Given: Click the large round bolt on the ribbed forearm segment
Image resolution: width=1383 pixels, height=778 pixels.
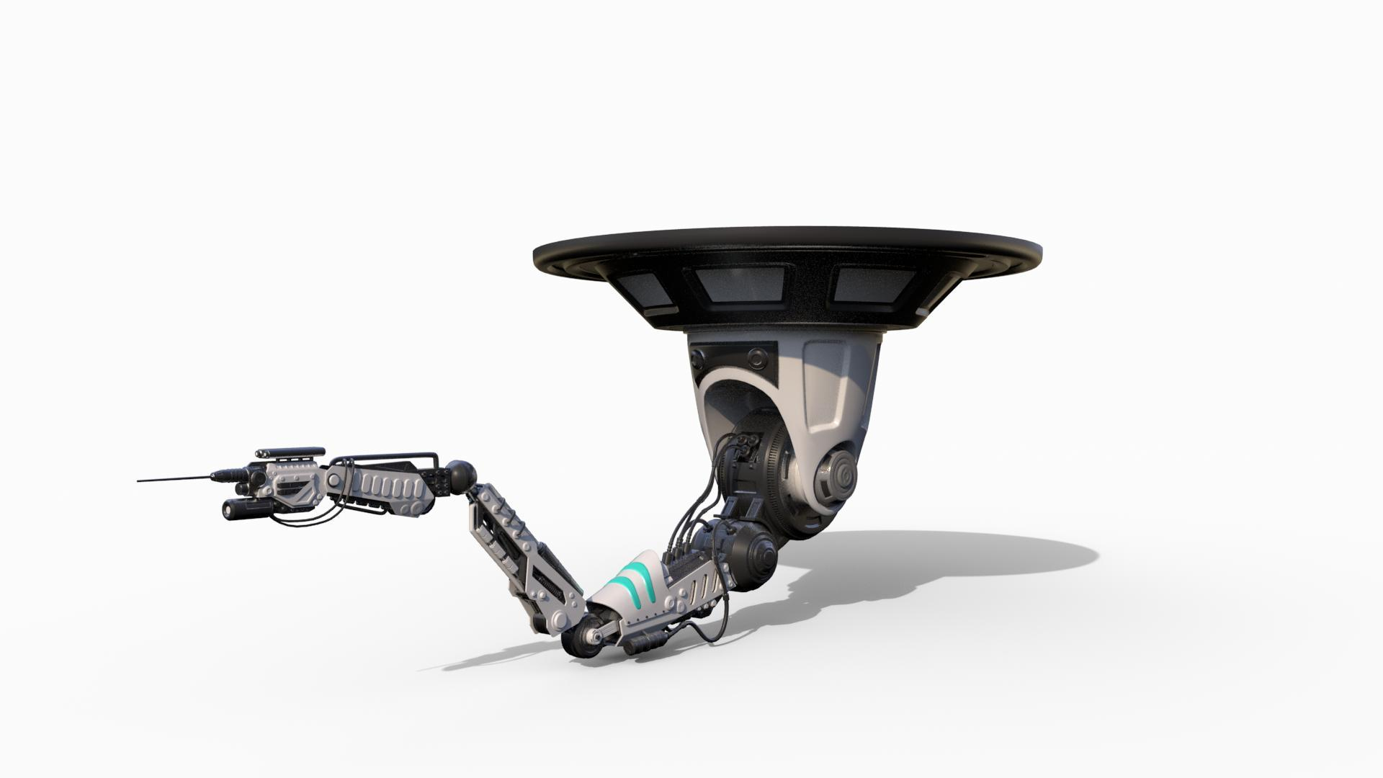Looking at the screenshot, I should [x=336, y=478].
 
